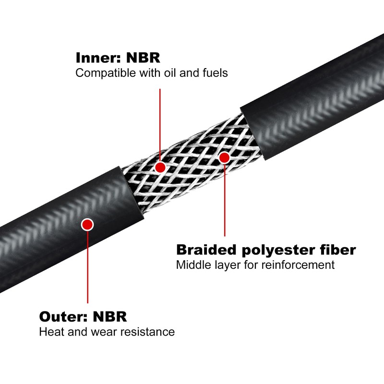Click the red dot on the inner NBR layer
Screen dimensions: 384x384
tap(160, 167)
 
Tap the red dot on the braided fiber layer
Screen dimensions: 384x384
tap(224, 157)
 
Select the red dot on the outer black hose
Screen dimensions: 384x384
tap(87, 224)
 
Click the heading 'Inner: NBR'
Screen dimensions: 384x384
tap(118, 58)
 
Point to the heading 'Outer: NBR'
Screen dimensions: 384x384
tap(83, 317)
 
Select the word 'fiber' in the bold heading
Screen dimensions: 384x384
tap(338, 250)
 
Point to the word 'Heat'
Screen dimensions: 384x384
tap(49, 332)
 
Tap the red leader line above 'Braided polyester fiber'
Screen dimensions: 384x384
tap(224, 202)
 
